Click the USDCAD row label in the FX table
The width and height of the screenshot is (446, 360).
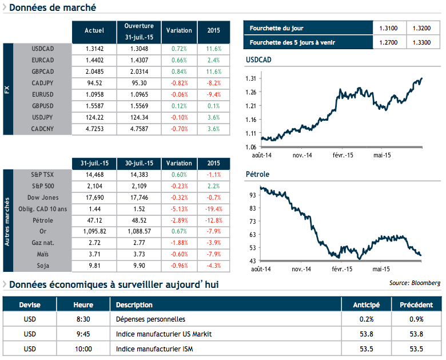pyautogui.click(x=43, y=49)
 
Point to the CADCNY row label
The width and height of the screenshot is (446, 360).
pyautogui.click(x=43, y=129)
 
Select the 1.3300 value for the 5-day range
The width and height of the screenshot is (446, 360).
pyautogui.click(x=423, y=42)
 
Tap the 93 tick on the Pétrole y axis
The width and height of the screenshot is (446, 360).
pyautogui.click(x=253, y=195)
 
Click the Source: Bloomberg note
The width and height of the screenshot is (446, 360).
pyautogui.click(x=415, y=283)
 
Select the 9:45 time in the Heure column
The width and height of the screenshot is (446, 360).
pyautogui.click(x=83, y=334)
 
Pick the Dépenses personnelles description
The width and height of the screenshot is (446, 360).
pyautogui.click(x=150, y=319)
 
